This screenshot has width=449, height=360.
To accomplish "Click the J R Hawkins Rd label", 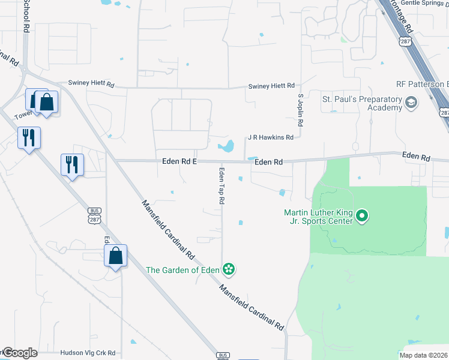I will (271, 137).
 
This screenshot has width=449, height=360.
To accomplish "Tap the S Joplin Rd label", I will (301, 110).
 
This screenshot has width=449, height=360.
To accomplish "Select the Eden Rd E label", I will (180, 161).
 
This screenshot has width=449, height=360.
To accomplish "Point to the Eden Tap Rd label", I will (221, 186).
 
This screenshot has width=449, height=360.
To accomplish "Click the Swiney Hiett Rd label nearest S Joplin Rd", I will (271, 86).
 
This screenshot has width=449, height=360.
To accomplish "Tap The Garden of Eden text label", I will (182, 269).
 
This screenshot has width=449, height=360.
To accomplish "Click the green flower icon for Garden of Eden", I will (229, 269).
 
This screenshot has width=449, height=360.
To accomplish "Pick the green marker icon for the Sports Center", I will (362, 216).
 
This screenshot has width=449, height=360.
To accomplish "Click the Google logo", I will (20, 353).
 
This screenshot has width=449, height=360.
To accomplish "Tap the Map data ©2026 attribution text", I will (424, 355).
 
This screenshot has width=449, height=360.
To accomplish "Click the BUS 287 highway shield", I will (94, 213).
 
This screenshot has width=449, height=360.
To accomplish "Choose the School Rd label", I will (26, 16).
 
